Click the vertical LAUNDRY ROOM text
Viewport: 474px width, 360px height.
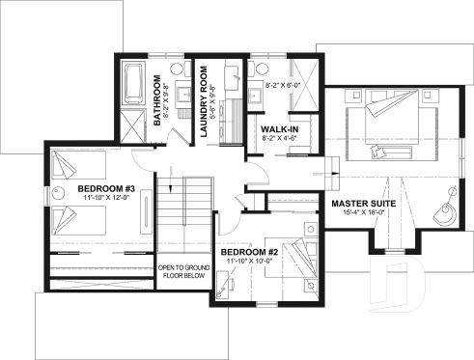coord(205,102)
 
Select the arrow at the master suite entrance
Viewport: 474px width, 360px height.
coord(333,175)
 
